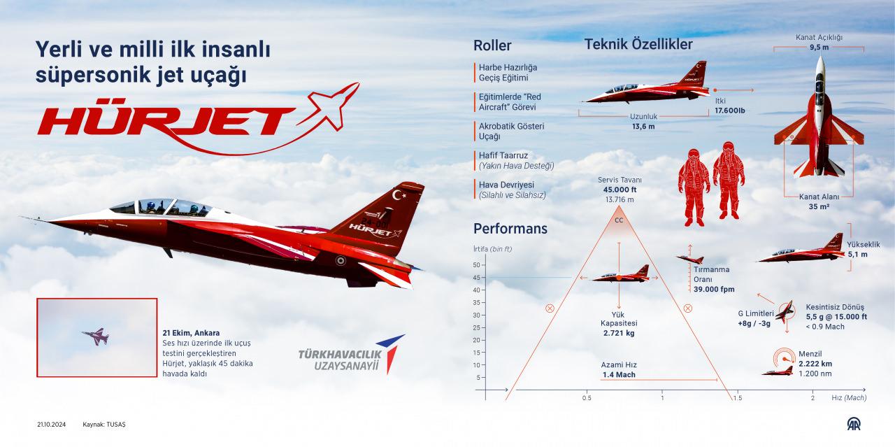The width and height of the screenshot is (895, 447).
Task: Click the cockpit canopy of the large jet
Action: coord(162,207)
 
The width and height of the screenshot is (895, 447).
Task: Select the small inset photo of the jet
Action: coord(96,337)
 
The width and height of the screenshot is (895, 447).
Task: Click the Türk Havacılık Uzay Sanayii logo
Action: coord(352,355)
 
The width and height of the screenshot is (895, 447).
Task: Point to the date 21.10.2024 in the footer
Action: coord(52,425)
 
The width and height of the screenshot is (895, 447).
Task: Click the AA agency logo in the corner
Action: coord(854,424)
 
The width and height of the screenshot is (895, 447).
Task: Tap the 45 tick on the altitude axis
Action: coord(477,278)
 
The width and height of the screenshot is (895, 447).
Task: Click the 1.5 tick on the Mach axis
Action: coord(738,398)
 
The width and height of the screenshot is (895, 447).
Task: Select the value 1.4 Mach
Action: coord(619,375)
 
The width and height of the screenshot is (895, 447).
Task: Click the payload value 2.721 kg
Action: coord(619,333)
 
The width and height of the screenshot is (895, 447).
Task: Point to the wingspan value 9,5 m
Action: coord(819,47)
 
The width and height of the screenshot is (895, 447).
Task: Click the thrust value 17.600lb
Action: coord(730,111)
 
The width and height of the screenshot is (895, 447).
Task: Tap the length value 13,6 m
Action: coord(643,127)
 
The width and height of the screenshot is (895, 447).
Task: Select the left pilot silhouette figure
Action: coord(694,187)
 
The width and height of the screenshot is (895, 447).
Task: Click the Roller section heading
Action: coord(492,45)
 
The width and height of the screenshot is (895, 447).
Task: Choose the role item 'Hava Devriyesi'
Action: coord(507,185)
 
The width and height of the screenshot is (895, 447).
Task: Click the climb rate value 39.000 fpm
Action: coord(714,289)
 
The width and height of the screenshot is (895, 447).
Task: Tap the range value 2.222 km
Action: coord(815,364)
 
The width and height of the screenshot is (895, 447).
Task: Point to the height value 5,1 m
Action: coord(858,255)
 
